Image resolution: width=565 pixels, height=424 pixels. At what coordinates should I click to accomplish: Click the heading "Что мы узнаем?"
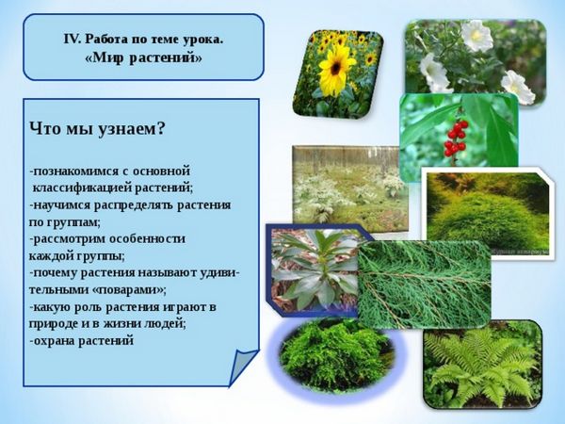click(97, 129)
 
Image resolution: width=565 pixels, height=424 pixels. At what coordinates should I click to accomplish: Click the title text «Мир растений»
click(143, 58)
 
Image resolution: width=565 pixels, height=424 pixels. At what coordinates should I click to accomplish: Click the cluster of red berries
click(455, 139)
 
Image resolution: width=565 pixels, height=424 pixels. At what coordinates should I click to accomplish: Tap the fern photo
click(483, 365)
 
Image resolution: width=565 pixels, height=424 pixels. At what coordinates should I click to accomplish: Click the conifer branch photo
click(425, 285)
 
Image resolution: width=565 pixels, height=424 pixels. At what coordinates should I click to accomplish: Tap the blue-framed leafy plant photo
click(313, 270)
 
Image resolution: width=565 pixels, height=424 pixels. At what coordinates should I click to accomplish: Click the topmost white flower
click(477, 36)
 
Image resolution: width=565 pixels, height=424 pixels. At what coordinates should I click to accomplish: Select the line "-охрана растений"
click(81, 340)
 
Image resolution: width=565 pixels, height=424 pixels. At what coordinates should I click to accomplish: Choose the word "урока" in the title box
click(201, 40)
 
